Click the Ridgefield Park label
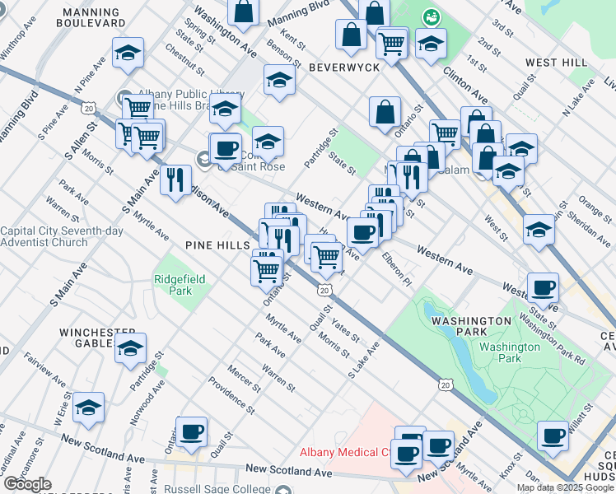pyautogui.click(x=173, y=285)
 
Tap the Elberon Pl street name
pyautogui.click(x=396, y=269)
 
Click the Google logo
pyautogui.click(x=27, y=484)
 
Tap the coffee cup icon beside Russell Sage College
pyautogui.click(x=191, y=431)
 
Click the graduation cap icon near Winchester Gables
pyautogui.click(x=130, y=347)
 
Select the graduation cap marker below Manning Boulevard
pyautogui.click(x=128, y=53)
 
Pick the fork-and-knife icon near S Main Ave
pyautogui.click(x=175, y=179)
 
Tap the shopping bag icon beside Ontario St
pyautogui.click(x=385, y=112)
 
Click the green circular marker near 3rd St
pyautogui.click(x=430, y=16)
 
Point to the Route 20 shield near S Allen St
pyautogui.click(x=89, y=107)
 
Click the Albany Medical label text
pyautogui.click(x=354, y=452)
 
